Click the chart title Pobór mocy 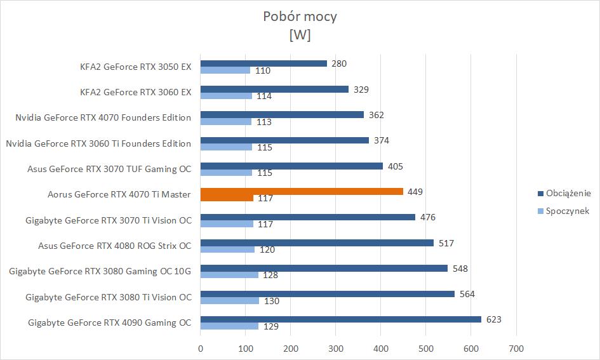coord(300,17)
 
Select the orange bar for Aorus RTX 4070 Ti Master coord(302,191)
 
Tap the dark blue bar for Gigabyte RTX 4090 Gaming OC coord(341,319)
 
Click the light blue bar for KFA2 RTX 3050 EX coord(225,70)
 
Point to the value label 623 coord(493,319)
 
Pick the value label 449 coord(415,191)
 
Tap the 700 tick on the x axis coord(516,348)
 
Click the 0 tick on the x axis coord(201,348)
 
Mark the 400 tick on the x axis coord(380,348)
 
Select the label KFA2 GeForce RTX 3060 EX coord(136,92)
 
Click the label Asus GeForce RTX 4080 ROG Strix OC coord(114,246)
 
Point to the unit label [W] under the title coord(300,36)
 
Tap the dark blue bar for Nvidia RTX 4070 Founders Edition coord(282,115)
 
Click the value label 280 coord(339,63)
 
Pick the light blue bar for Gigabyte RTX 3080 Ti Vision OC coord(230,300)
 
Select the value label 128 coord(271,276)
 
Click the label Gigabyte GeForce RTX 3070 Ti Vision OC coord(109,220)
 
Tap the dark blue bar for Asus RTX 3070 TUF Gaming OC coord(291,166)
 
